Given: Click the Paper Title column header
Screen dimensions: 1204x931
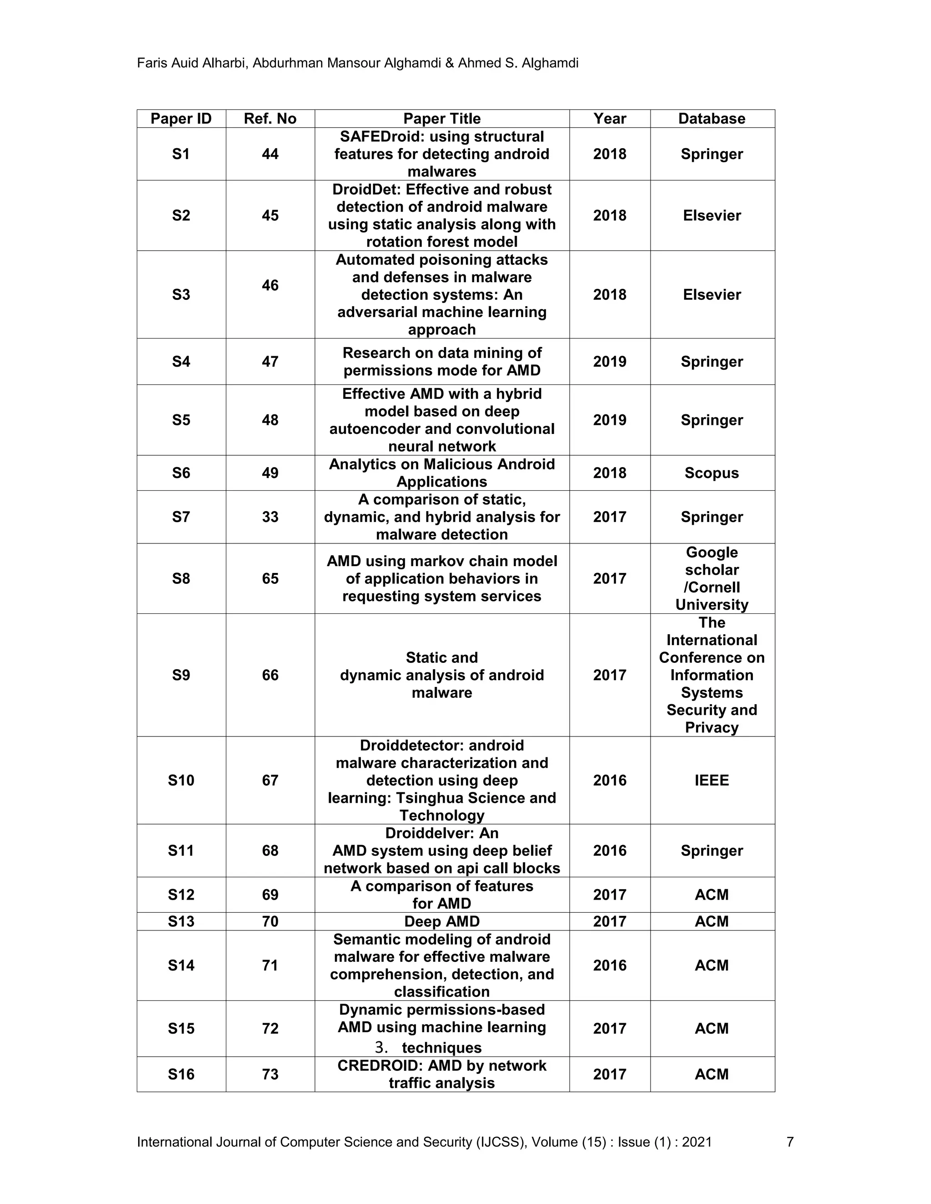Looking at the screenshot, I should click(442, 119).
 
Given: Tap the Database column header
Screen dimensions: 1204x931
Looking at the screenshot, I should click(711, 119).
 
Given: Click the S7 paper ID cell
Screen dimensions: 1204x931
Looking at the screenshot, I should click(181, 517).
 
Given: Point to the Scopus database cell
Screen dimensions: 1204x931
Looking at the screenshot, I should click(711, 473).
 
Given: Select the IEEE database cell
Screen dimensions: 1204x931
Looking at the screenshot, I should click(711, 780).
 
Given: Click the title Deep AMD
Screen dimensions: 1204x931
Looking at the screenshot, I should click(442, 921).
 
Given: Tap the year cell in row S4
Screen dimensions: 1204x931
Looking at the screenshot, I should click(610, 362).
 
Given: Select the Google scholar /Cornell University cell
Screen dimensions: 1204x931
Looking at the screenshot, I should click(711, 578).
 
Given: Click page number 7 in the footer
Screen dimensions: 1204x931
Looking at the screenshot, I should click(790, 1142).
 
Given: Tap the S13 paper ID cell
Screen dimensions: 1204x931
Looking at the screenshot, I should click(181, 921).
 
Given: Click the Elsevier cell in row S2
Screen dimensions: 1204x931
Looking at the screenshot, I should click(711, 215).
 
